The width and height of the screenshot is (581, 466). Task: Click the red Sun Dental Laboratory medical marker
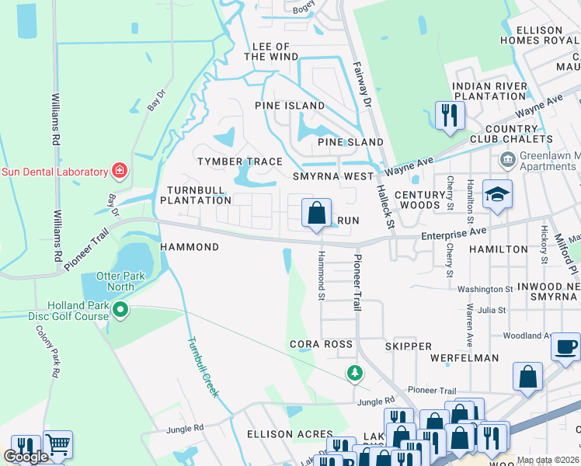pos(120,170)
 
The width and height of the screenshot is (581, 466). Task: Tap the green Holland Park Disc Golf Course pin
pos(120,311)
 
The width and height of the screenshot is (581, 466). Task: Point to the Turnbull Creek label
pos(204,367)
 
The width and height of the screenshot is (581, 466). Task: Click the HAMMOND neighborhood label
pos(190,246)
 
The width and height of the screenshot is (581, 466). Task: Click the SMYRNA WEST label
pos(332,176)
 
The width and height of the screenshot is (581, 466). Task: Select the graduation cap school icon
pos(497,194)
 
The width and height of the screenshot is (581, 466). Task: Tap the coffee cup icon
pos(567,346)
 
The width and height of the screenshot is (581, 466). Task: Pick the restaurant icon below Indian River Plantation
pos(449,115)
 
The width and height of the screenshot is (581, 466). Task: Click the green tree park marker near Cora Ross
pos(355,374)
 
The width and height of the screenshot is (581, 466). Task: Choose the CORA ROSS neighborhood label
pos(321,343)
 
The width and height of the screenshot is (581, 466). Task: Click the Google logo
pos(26,457)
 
